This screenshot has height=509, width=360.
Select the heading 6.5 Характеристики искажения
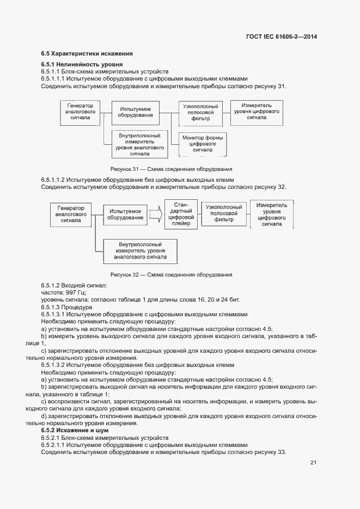pyautogui.click(x=87, y=53)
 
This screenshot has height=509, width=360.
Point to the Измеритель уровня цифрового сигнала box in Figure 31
pyautogui.click(x=256, y=111)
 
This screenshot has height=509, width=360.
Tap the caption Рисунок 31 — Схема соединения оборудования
pyautogui.click(x=171, y=169)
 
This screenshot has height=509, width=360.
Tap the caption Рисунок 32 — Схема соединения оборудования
pyautogui.click(x=171, y=274)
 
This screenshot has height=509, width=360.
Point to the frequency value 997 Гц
pyautogui.click(x=70, y=292)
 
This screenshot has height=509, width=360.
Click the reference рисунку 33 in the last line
pyautogui.click(x=268, y=452)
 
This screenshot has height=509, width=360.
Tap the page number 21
pyautogui.click(x=313, y=463)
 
